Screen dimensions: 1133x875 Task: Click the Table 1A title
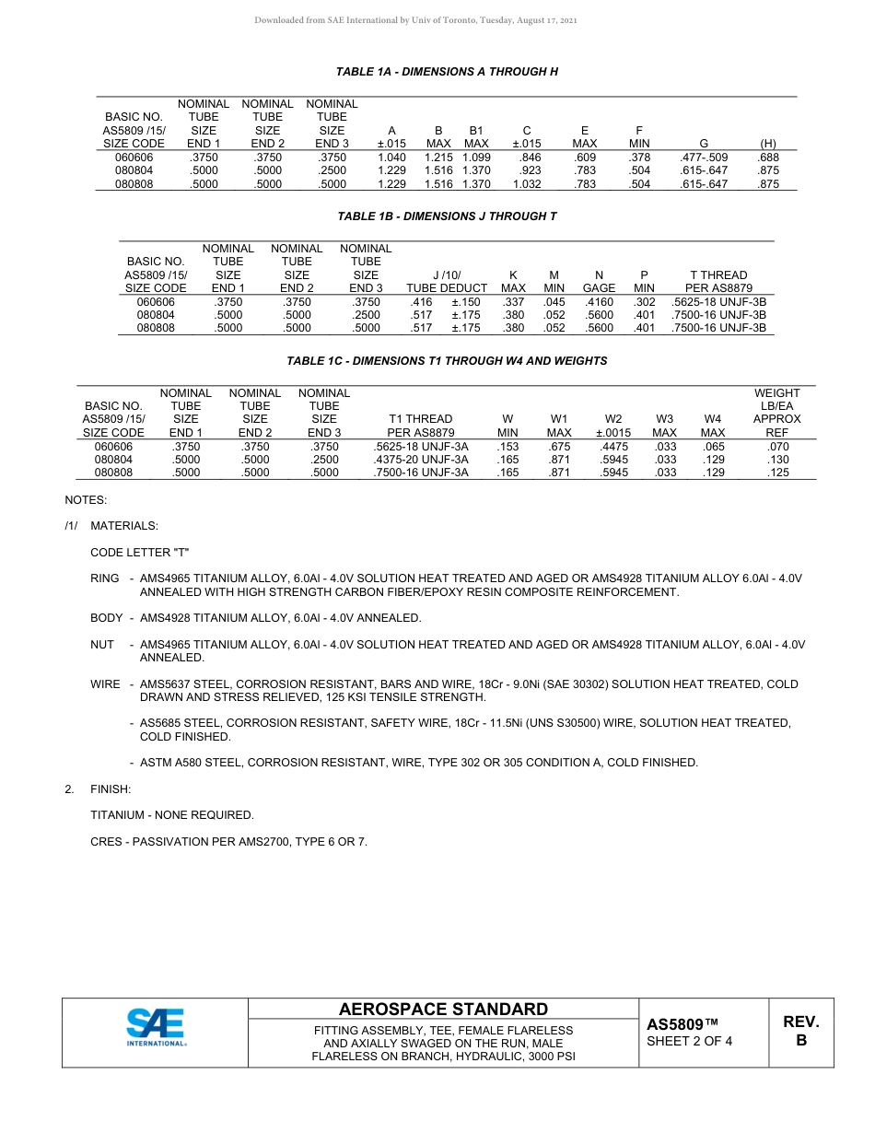(447, 72)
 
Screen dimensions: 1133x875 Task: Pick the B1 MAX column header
(476, 137)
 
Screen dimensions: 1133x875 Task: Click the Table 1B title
(447, 216)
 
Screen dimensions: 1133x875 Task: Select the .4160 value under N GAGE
(599, 302)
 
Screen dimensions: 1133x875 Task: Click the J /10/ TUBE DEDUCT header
(447, 282)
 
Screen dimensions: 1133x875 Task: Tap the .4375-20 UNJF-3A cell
(421, 460)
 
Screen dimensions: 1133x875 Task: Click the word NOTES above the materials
(86, 500)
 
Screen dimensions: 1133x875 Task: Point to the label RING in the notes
(104, 578)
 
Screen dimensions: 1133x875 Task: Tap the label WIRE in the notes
(105, 684)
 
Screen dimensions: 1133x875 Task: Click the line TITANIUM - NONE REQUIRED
(171, 815)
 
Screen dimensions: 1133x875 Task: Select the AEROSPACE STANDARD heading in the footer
(443, 1010)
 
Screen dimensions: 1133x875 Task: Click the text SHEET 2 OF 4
(689, 1042)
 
